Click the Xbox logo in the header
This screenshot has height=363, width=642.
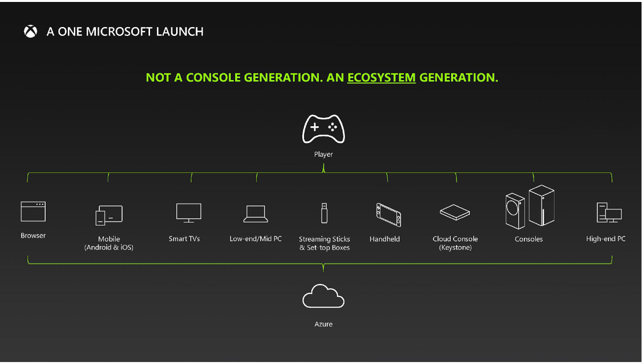pyautogui.click(x=31, y=31)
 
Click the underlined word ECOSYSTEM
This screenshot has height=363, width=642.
pyautogui.click(x=381, y=78)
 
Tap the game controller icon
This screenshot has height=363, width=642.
pyautogui.click(x=323, y=129)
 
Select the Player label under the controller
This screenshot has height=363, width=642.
pyautogui.click(x=323, y=154)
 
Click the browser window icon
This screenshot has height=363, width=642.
pyautogui.click(x=33, y=211)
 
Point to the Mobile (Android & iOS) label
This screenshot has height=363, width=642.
pyautogui.click(x=109, y=243)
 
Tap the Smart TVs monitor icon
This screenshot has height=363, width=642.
pyautogui.click(x=188, y=213)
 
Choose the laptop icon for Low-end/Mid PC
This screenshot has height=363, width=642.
pyautogui.click(x=255, y=214)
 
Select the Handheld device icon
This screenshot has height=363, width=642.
pyautogui.click(x=389, y=215)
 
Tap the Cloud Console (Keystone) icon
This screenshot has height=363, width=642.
pyautogui.click(x=455, y=213)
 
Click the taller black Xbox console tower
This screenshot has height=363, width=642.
pyautogui.click(x=541, y=205)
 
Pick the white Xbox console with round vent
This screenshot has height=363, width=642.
pyautogui.click(x=515, y=211)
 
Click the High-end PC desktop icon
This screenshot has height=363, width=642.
pyautogui.click(x=609, y=213)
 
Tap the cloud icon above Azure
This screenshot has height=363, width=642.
pyautogui.click(x=323, y=296)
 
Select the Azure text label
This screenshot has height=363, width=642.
pyautogui.click(x=323, y=324)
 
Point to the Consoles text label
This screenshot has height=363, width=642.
pyautogui.click(x=528, y=239)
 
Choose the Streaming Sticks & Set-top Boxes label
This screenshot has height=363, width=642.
pyautogui.click(x=324, y=243)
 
